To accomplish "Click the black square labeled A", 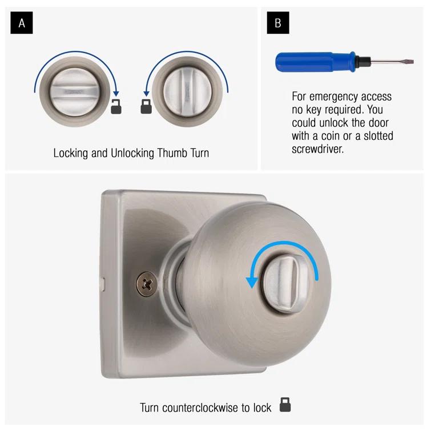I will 22,23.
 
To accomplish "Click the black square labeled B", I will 278,23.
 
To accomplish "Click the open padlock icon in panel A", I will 116,106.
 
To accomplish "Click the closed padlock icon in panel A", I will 146,106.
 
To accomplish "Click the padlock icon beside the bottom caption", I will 285,406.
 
